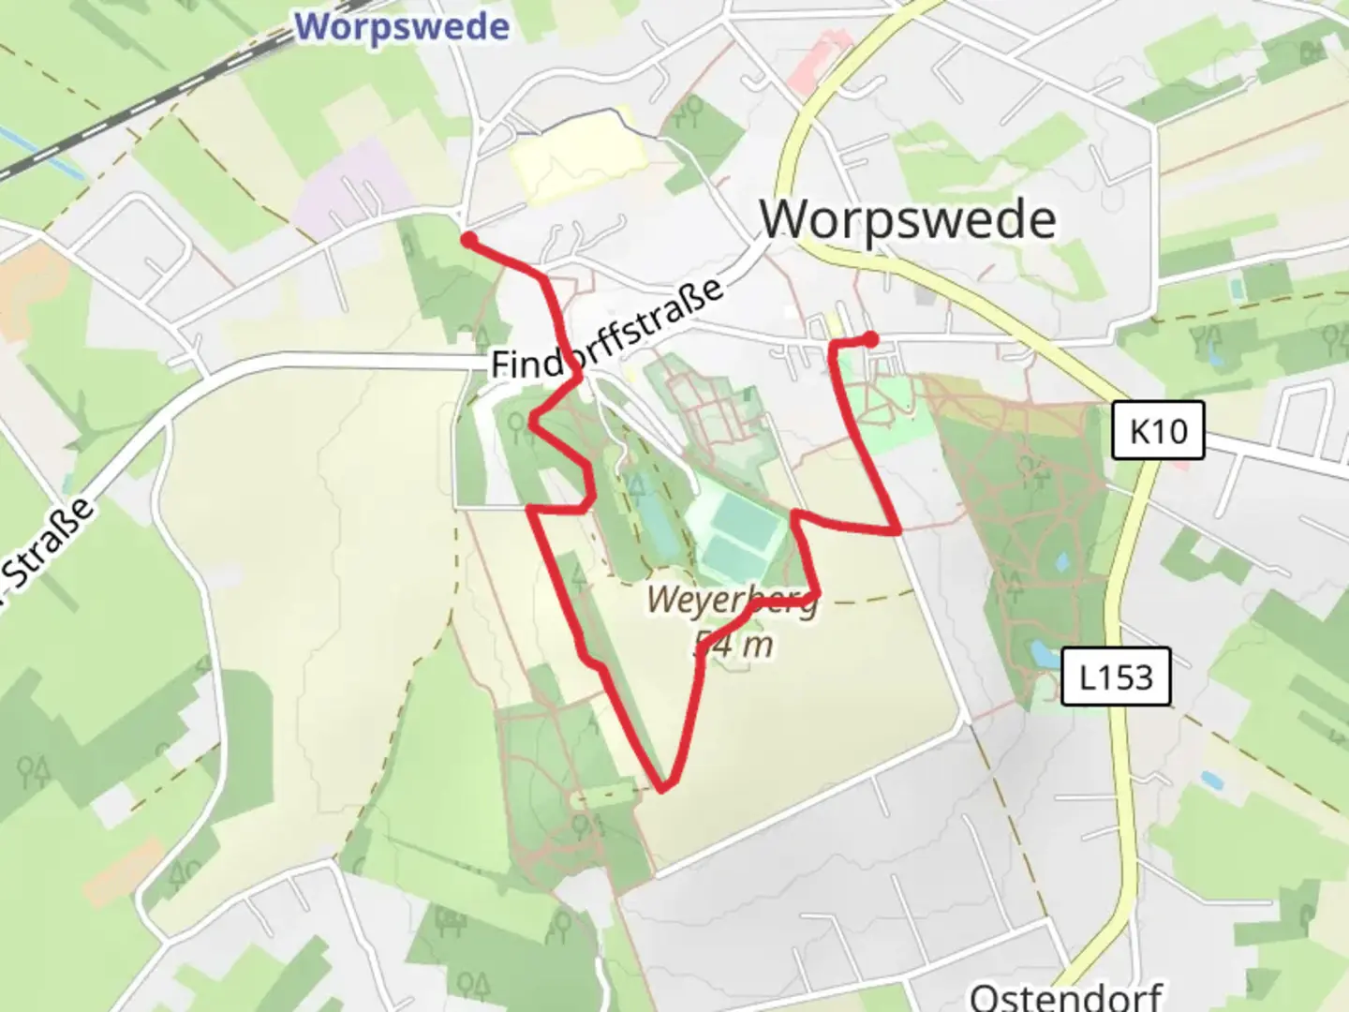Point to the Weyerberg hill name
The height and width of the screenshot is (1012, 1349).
click(x=732, y=600)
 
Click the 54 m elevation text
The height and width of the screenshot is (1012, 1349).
click(x=734, y=644)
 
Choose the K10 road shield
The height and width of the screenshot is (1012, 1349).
click(x=1158, y=431)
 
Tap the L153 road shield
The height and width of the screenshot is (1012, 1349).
click(x=1115, y=677)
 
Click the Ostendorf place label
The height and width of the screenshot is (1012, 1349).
click(x=1065, y=995)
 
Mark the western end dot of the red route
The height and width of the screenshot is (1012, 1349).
click(x=467, y=240)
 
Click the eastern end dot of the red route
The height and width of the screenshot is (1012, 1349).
click(x=870, y=338)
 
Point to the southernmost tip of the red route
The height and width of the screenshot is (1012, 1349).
click(x=663, y=788)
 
